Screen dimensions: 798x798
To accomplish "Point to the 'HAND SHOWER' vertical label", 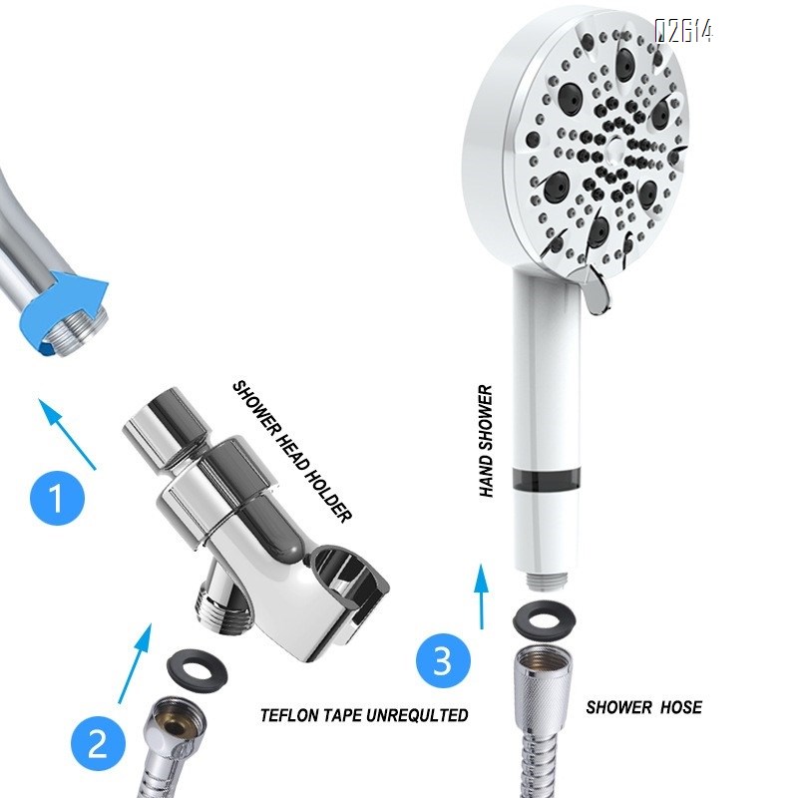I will coord(486,441).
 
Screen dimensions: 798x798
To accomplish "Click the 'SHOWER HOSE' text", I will coord(643,707).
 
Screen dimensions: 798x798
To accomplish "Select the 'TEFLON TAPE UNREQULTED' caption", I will coord(364,715).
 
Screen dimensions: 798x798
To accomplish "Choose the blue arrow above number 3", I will coord(484,595).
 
